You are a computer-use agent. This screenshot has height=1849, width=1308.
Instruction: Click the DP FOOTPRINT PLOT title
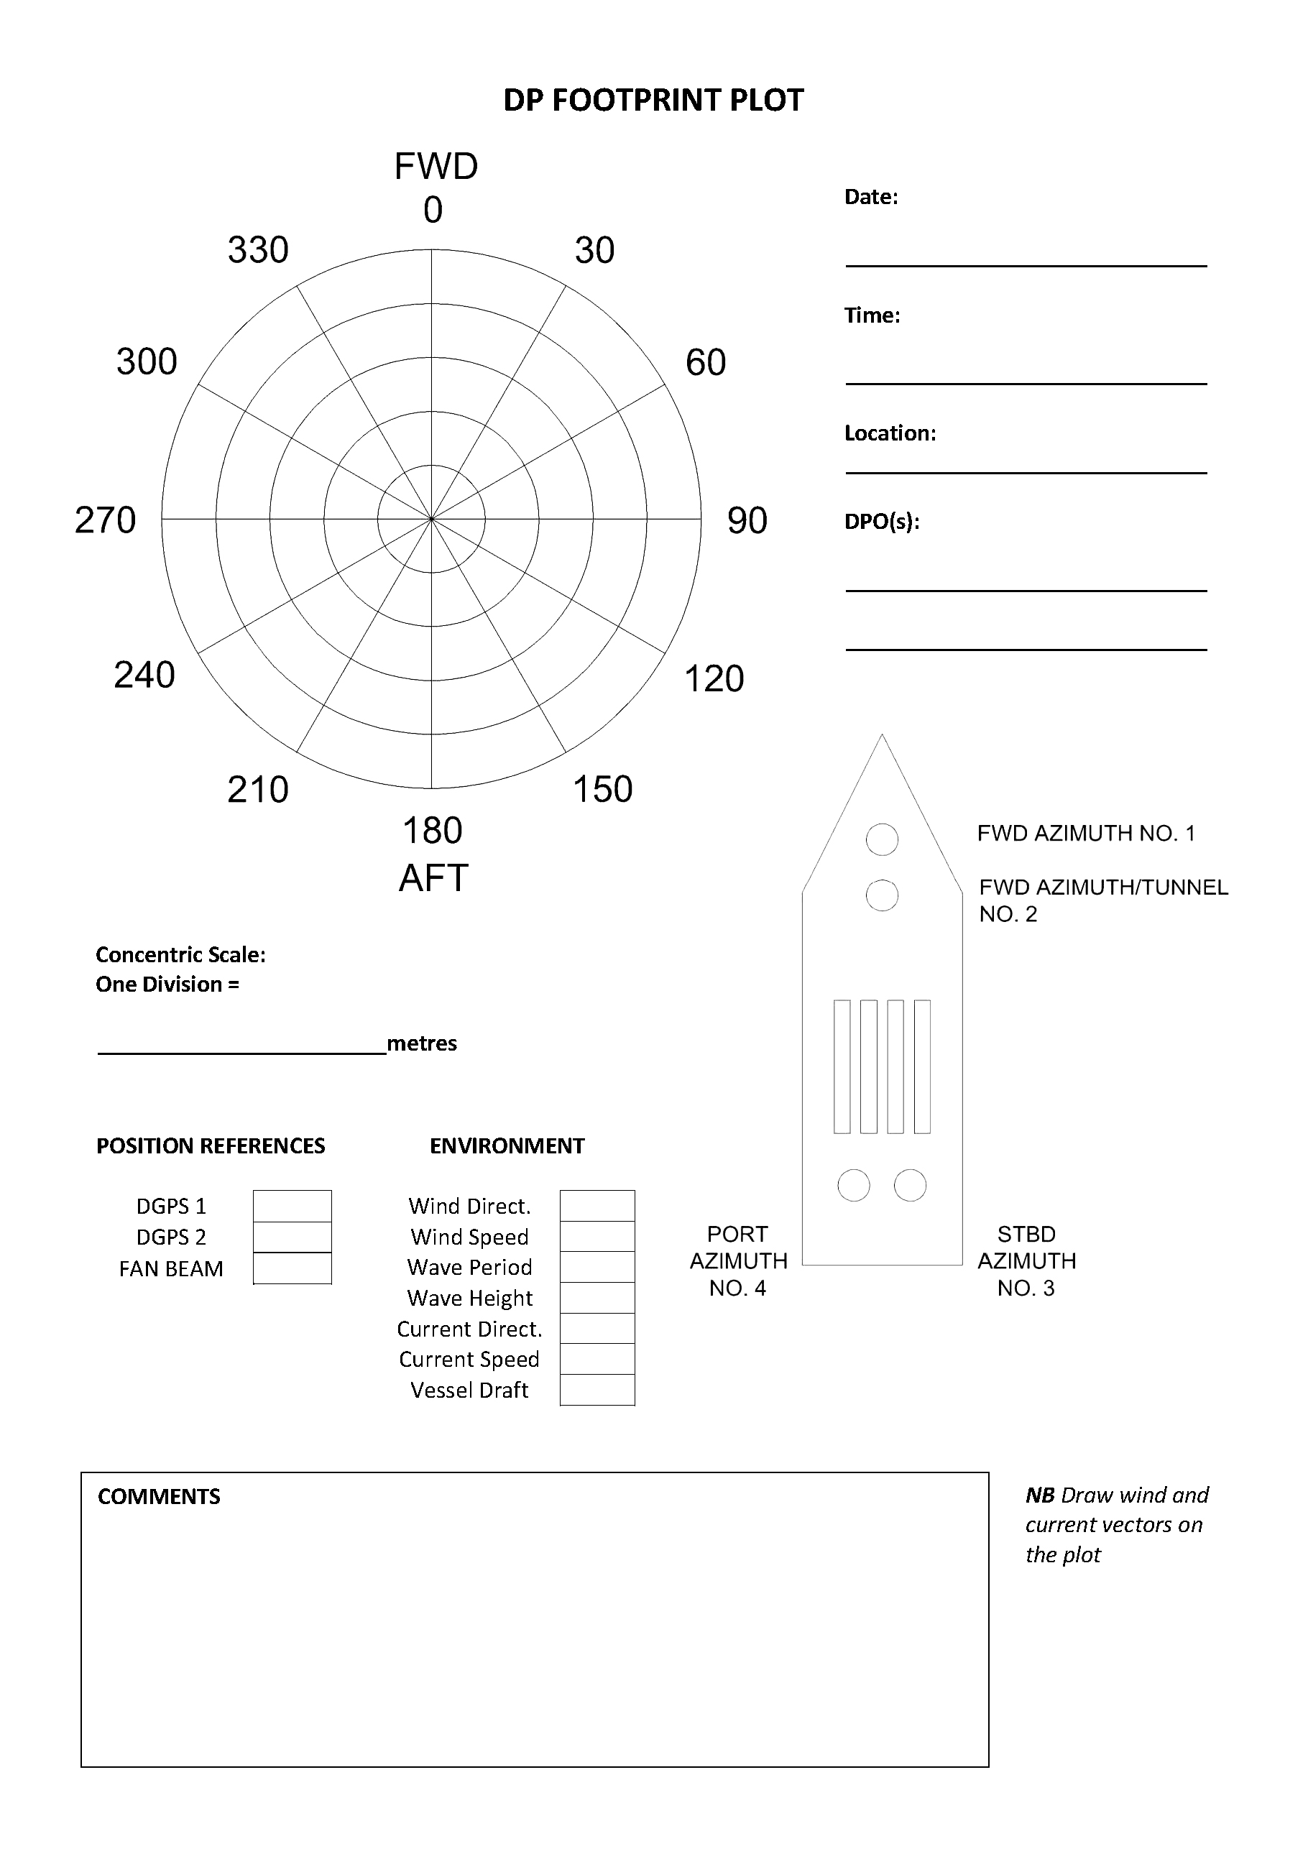pos(653,101)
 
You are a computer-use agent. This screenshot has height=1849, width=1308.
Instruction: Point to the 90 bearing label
pos(747,520)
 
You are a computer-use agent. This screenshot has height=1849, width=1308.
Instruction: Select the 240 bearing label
pos(144,675)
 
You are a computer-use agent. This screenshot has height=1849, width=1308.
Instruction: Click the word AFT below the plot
pos(433,878)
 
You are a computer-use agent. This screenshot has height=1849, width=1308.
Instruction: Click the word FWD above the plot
pos(436,167)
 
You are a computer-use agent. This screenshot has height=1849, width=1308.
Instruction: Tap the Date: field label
pos(870,198)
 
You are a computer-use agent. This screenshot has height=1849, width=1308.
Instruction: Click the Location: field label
pos(890,433)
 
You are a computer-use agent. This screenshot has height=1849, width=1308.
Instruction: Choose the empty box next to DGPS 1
pos(293,1206)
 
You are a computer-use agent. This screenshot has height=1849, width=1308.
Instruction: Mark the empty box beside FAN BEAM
pos(293,1268)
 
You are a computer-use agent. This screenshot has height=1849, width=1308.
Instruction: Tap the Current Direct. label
pos(469,1329)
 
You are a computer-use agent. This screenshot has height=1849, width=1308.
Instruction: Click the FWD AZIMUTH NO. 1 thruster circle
pos(882,839)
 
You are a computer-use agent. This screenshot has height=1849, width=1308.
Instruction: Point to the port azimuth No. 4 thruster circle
pos(854,1186)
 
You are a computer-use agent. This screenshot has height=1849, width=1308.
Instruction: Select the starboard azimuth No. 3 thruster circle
pos(910,1186)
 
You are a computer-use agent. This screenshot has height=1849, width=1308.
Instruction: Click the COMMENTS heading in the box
pos(159,1497)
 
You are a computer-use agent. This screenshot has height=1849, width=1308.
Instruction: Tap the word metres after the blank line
pos(421,1043)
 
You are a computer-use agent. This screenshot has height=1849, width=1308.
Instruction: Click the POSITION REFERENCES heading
pos(210,1146)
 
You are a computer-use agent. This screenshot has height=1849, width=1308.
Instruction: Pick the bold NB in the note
pos(1040,1495)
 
